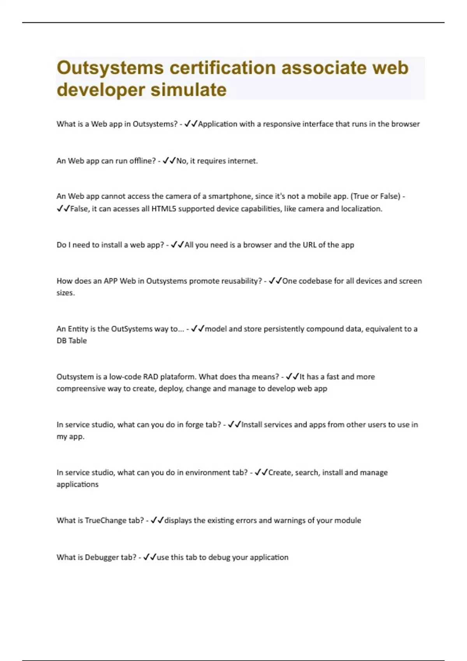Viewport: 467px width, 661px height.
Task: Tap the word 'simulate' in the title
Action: [x=188, y=90]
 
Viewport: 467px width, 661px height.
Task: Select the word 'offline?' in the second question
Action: [x=142, y=161]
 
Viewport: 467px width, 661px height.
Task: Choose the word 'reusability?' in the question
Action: [x=242, y=281]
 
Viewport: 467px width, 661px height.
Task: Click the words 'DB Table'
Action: [x=72, y=341]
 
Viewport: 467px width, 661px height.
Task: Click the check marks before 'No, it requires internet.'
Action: [x=169, y=161]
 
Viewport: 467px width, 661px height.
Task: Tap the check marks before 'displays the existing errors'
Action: [x=157, y=520]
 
